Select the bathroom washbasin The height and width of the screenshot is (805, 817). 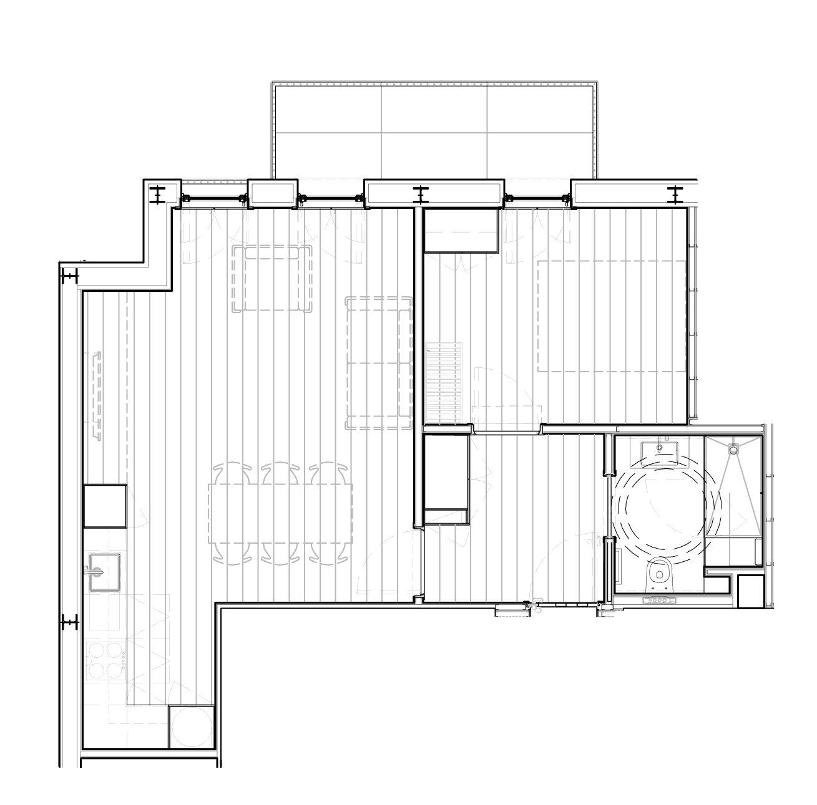point(659,450)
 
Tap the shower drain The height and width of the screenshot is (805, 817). point(733,448)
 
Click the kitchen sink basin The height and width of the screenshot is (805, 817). point(105,571)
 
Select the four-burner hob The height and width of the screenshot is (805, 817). point(105,660)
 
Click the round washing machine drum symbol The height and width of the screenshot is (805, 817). point(192,726)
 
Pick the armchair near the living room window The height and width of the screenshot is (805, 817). point(273,278)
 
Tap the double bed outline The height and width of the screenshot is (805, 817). point(611,316)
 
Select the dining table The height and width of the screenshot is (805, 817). point(280,513)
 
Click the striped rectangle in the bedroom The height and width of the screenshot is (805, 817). point(444,383)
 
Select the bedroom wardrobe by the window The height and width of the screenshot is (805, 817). point(461,230)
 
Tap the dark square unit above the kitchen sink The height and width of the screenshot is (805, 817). point(105,506)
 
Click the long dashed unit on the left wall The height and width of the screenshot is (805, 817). point(97,395)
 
